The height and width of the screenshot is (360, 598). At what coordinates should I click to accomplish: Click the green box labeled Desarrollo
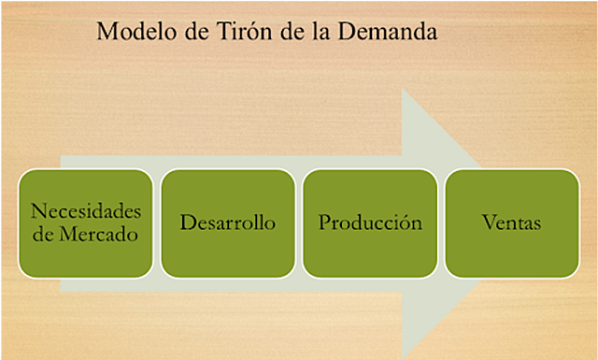coord(228,223)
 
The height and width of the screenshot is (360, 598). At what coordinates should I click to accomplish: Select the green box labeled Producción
coord(370,223)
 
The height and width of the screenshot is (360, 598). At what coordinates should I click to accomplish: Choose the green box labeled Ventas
coord(512,223)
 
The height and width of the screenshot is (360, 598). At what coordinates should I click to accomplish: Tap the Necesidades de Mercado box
coord(86,223)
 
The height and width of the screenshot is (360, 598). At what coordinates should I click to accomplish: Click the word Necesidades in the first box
coord(86,211)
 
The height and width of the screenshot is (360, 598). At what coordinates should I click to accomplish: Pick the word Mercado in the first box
coord(97,235)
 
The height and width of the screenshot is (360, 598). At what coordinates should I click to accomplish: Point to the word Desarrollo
coord(228,223)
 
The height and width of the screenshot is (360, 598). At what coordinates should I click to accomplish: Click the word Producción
coord(370,223)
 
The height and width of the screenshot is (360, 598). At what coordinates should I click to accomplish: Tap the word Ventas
coord(512,223)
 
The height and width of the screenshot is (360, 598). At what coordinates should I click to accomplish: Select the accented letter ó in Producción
coord(407,223)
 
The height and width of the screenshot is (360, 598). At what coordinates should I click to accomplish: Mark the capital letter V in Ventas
coord(489,223)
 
